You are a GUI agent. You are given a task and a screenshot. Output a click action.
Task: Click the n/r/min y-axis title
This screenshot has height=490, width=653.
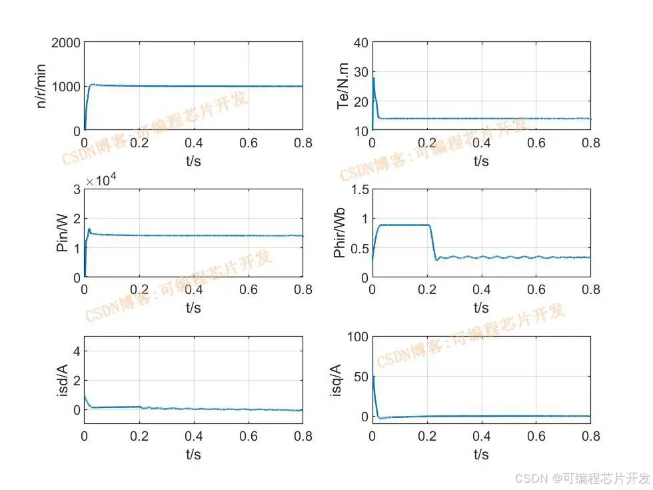(x=41, y=87)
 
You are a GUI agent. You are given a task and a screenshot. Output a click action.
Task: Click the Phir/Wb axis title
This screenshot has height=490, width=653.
(x=339, y=234)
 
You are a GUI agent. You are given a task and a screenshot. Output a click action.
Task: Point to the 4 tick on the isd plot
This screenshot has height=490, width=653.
(x=76, y=351)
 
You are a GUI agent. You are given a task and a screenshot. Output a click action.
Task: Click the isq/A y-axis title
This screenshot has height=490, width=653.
(x=336, y=381)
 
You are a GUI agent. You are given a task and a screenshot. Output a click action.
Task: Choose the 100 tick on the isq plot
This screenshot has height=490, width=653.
(x=356, y=337)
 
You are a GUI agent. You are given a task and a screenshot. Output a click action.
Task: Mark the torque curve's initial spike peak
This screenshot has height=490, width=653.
(x=374, y=79)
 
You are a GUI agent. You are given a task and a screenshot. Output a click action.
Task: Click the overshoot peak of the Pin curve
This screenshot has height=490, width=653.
(x=89, y=229)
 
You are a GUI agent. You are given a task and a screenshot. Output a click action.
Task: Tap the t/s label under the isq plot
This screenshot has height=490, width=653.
(x=481, y=455)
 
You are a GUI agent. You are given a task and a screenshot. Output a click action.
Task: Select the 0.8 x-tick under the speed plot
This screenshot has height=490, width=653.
(x=303, y=143)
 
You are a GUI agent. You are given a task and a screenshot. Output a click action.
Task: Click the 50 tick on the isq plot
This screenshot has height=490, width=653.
(x=360, y=377)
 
